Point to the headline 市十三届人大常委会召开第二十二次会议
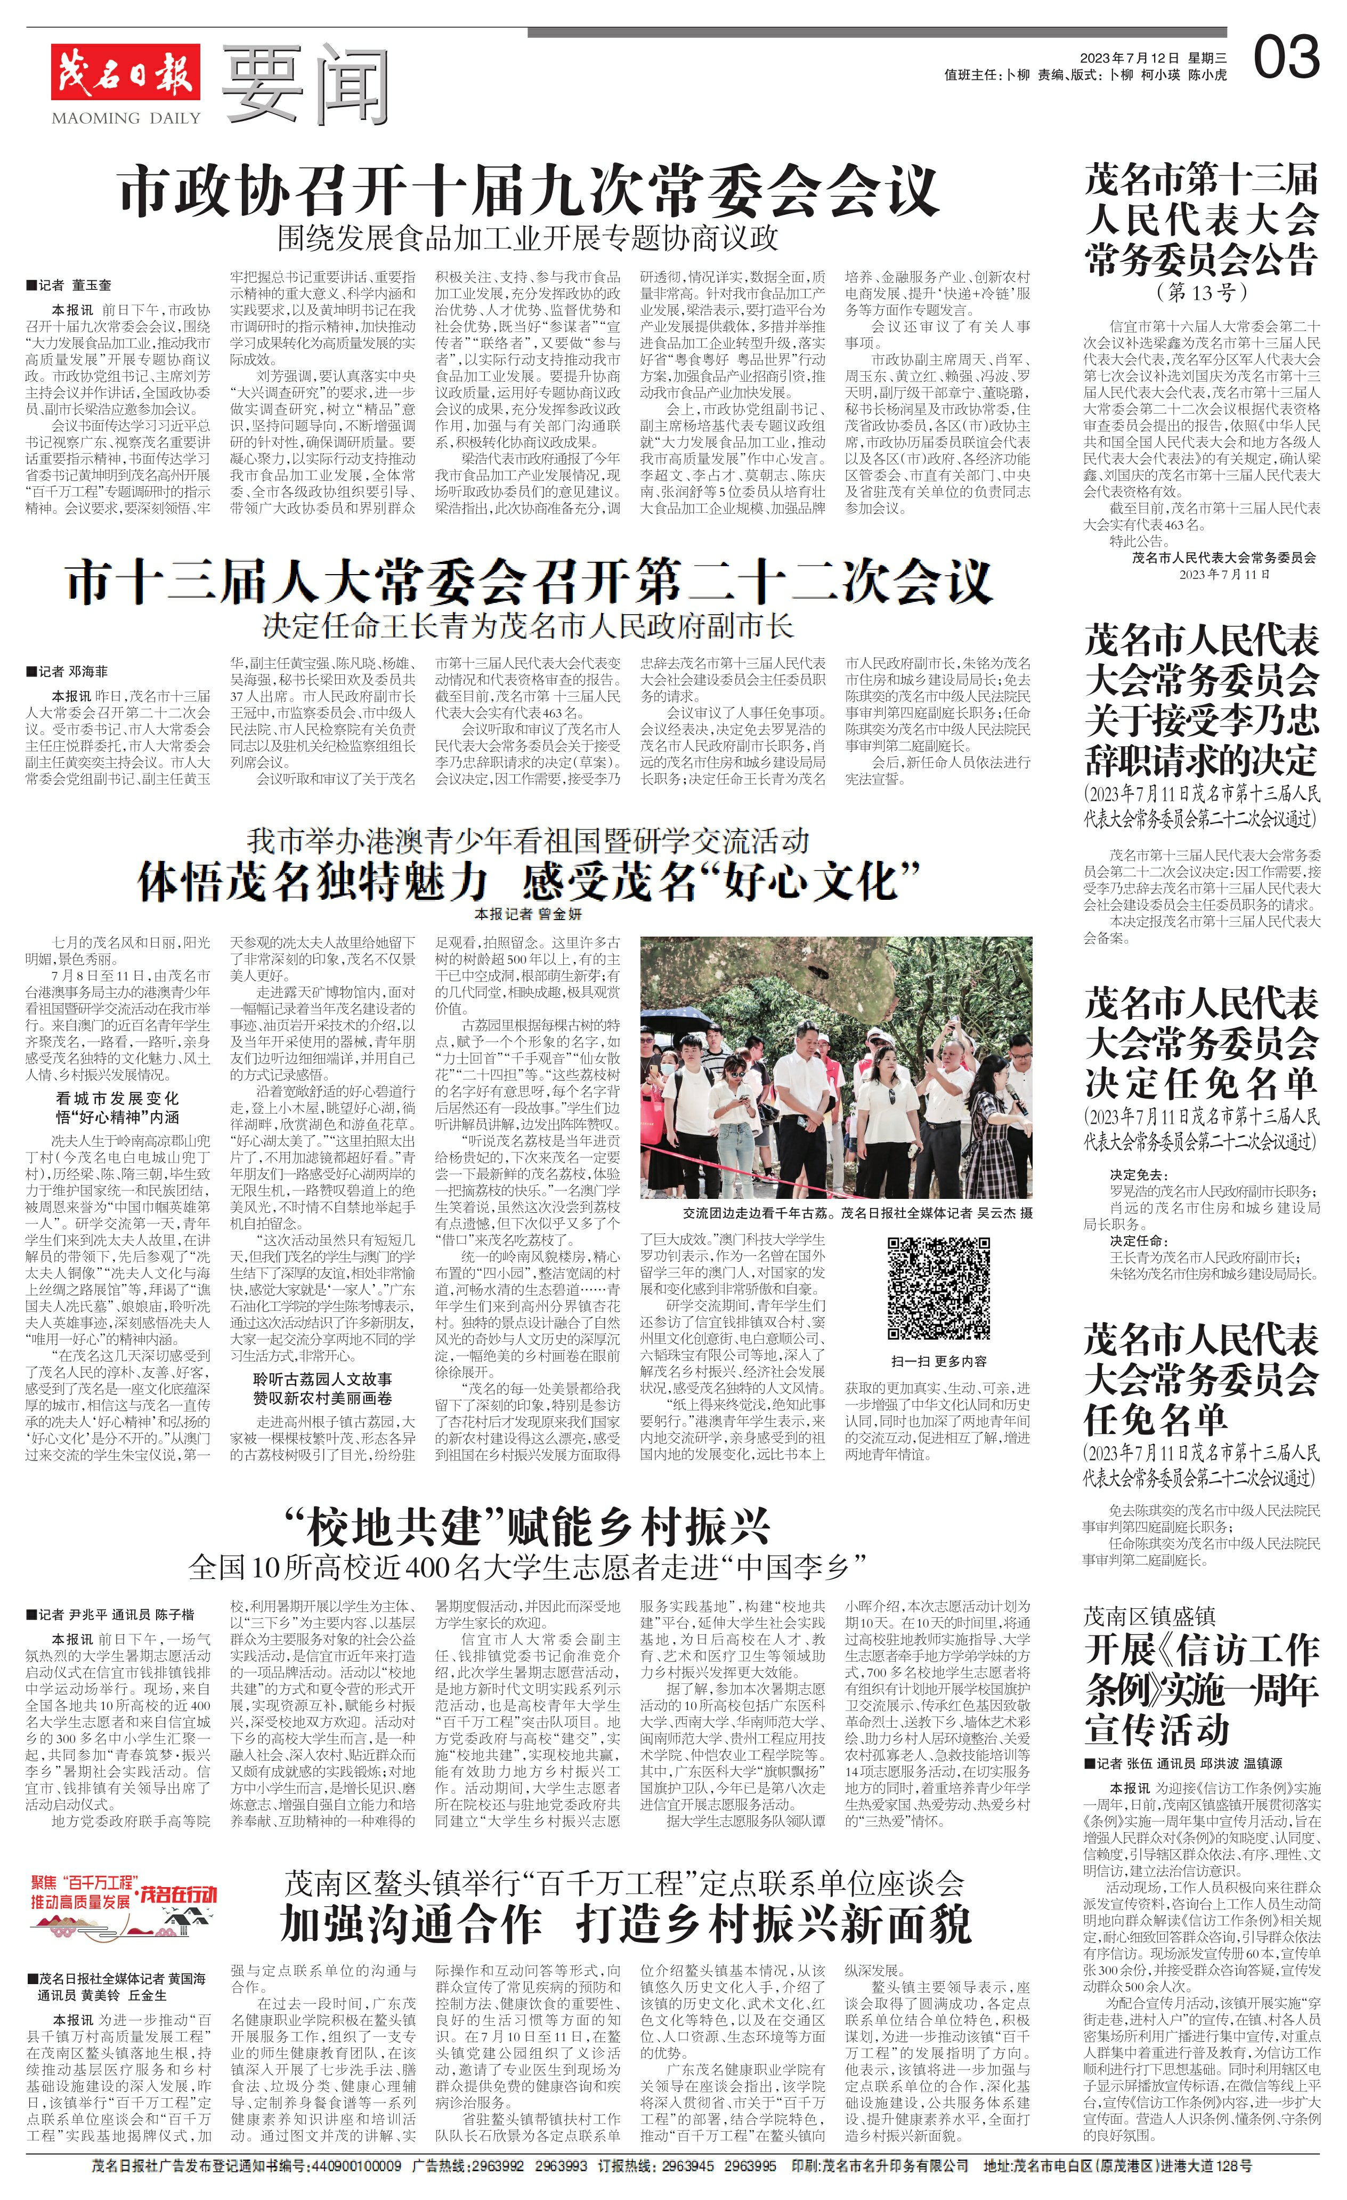point(529,582)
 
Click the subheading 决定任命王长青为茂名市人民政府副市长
point(529,626)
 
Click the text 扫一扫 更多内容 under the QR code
point(939,1361)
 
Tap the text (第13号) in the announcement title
point(1200,292)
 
